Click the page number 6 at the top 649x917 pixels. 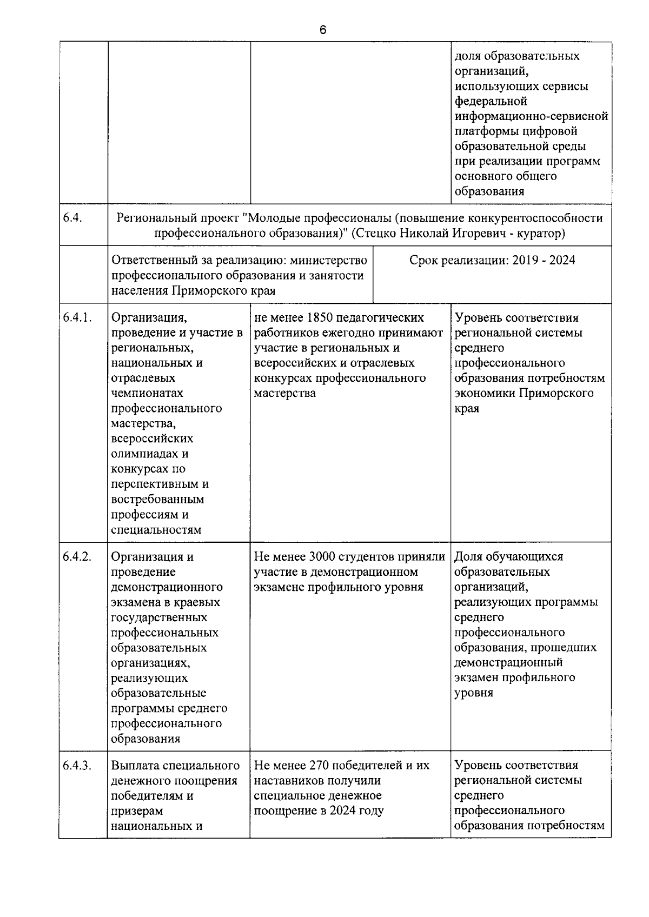click(x=323, y=30)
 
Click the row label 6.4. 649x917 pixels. click(x=72, y=218)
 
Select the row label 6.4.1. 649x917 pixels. click(x=77, y=318)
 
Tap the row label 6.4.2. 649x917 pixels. click(x=77, y=557)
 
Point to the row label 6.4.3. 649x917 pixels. click(x=77, y=766)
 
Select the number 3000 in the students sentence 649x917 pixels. click(x=323, y=557)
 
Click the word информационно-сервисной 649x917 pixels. click(x=531, y=116)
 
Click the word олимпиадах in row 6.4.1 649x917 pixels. click(x=144, y=454)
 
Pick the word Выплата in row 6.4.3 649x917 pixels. click(x=134, y=766)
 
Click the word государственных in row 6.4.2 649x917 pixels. click(x=159, y=617)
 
